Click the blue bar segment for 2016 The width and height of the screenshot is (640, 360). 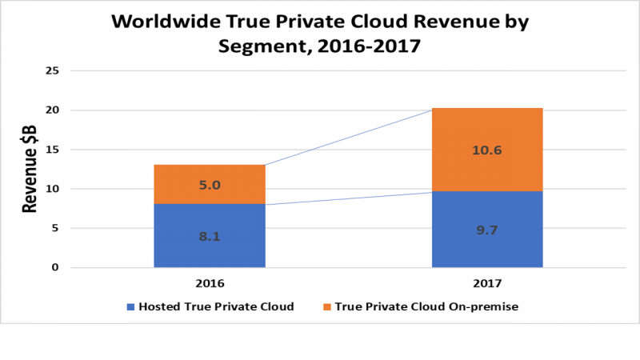209,235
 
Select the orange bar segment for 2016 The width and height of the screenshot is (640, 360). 209,185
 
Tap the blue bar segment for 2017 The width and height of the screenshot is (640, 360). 487,229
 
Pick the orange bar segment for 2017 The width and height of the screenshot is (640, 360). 487,150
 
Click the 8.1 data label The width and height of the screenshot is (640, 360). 209,236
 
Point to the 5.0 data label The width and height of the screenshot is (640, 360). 209,186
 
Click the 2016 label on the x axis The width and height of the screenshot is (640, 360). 209,283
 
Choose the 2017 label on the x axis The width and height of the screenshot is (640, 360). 487,283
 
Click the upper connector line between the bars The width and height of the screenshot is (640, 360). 348,137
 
